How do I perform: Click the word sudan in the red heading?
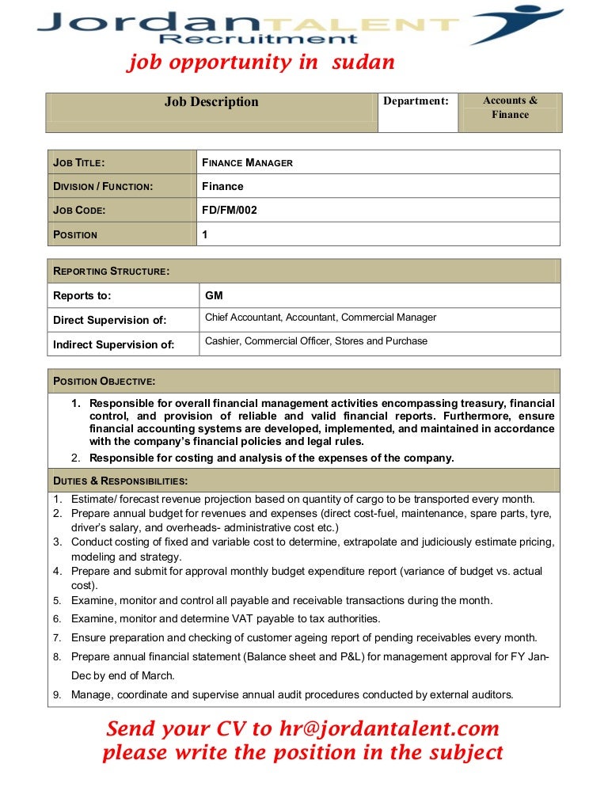pyautogui.click(x=359, y=63)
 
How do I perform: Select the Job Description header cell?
pyautogui.click(x=211, y=102)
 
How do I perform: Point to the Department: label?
pyautogui.click(x=416, y=101)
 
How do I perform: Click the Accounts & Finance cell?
pyautogui.click(x=510, y=108)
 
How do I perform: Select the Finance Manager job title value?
pyautogui.click(x=247, y=163)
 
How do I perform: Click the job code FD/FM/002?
pyautogui.click(x=230, y=211)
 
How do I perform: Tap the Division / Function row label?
pyautogui.click(x=103, y=187)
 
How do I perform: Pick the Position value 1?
pyautogui.click(x=205, y=234)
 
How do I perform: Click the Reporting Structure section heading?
pyautogui.click(x=111, y=272)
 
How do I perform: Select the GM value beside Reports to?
pyautogui.click(x=214, y=296)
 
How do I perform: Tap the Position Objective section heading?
pyautogui.click(x=104, y=382)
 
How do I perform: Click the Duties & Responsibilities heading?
pyautogui.click(x=120, y=481)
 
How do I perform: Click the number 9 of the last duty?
pyautogui.click(x=57, y=695)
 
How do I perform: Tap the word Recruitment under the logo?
pyautogui.click(x=259, y=40)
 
